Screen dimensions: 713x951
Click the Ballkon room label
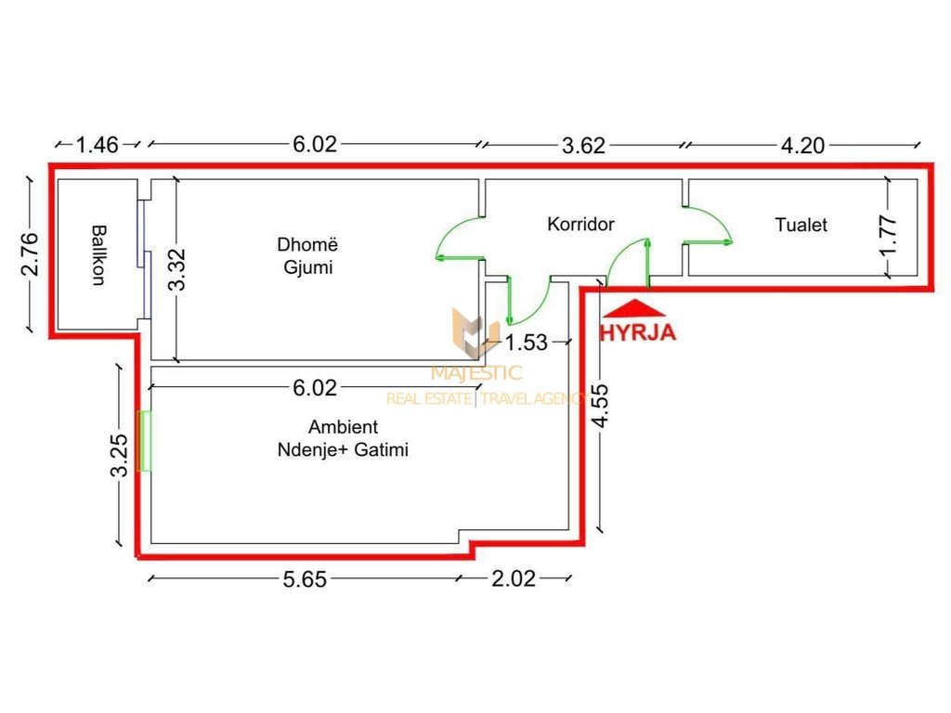[x=98, y=253]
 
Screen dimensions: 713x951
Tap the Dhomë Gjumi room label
[x=305, y=256]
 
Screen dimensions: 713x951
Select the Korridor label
[x=580, y=224]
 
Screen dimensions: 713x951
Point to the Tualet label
[x=801, y=224]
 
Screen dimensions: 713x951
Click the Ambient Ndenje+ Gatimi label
[x=343, y=438]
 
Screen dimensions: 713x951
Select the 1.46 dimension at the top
[x=98, y=144]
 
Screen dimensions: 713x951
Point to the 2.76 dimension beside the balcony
[x=31, y=253]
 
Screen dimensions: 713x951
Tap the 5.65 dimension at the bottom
[x=304, y=578]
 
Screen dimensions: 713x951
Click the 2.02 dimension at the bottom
[x=514, y=578]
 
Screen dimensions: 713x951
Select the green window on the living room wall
[x=144, y=441]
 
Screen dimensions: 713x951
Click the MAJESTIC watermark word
[x=476, y=373]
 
